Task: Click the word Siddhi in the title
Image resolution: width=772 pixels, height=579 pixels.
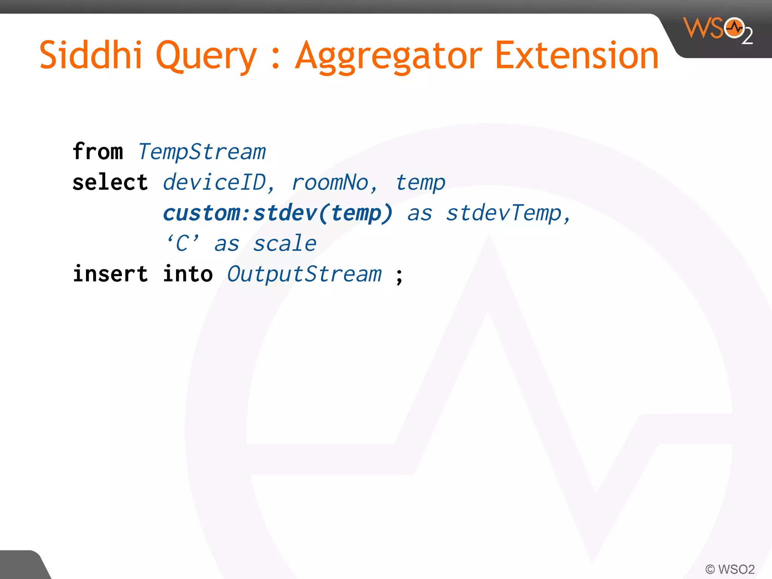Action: click(90, 55)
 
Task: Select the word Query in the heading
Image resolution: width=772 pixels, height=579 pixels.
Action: click(206, 57)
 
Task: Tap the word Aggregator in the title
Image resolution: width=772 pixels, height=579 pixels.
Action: click(388, 57)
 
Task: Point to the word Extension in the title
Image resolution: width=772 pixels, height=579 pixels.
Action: click(577, 55)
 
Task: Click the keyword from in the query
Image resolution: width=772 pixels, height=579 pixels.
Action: click(98, 152)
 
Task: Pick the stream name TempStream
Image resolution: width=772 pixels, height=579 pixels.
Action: click(202, 152)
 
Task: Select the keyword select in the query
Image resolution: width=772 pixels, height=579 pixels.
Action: click(110, 182)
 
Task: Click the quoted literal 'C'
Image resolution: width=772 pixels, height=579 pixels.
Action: click(183, 243)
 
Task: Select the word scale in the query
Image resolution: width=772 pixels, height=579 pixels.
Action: click(285, 244)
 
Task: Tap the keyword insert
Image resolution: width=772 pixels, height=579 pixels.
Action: click(110, 274)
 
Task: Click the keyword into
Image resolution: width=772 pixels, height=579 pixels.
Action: click(188, 274)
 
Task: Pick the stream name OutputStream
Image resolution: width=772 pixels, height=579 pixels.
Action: click(304, 274)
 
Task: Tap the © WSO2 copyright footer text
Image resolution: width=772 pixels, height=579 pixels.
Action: click(730, 569)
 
